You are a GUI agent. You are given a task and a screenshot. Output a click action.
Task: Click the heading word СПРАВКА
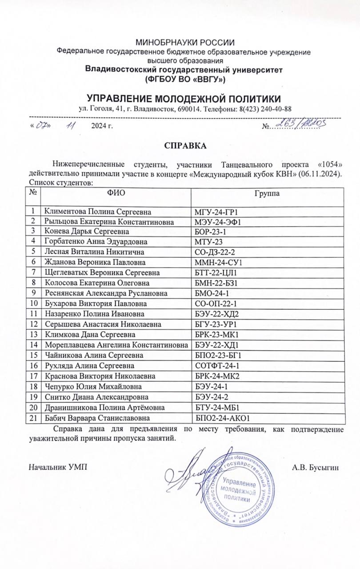coord(185,145)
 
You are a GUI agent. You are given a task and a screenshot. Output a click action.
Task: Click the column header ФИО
coord(116,193)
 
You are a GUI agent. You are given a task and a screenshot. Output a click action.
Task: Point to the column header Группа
coord(267,193)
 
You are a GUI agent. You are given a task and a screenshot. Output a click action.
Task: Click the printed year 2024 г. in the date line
coord(102,127)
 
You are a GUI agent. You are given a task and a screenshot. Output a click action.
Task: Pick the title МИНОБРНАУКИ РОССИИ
coord(185,43)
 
